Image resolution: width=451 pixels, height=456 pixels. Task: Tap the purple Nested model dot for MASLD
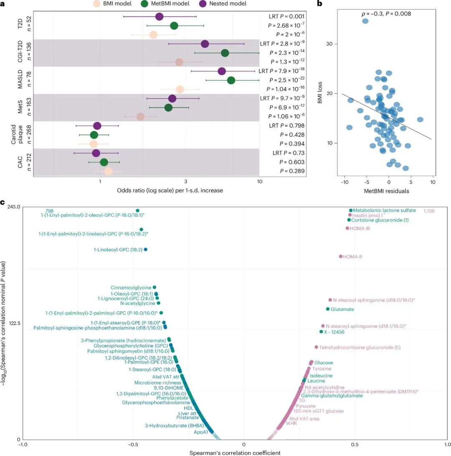tap(222, 71)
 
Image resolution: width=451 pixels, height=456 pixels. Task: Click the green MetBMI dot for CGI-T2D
tap(225, 53)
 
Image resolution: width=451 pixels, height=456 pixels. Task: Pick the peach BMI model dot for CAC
tap(108, 171)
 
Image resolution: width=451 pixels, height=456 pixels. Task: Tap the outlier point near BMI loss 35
tap(365, 21)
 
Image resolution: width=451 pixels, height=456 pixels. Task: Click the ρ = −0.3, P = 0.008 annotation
tap(386, 13)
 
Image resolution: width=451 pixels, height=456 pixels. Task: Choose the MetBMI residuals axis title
tap(389, 191)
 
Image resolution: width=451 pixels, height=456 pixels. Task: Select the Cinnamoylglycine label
tap(131, 287)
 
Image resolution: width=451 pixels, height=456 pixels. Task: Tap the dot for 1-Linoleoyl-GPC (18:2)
tap(145, 249)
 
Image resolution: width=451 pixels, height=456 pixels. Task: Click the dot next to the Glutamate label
tap(327, 309)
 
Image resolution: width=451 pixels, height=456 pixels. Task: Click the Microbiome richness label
tap(157, 382)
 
